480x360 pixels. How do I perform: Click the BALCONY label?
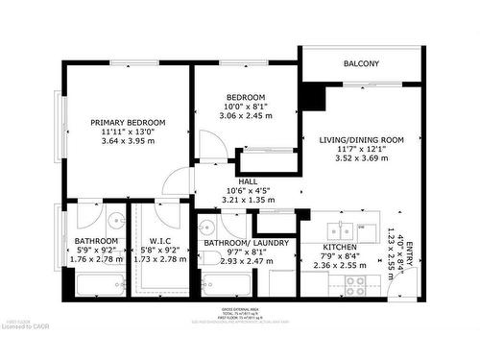361,64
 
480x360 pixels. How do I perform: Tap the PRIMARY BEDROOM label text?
128,123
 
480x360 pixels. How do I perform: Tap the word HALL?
248,180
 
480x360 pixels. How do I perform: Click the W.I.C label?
160,241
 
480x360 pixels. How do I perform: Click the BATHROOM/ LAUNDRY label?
247,243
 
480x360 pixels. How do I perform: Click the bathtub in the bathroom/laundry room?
230,284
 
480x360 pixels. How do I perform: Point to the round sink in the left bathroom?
114,217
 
